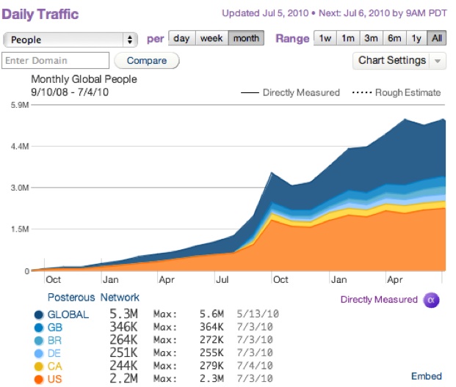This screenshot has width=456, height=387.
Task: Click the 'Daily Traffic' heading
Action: coord(41,14)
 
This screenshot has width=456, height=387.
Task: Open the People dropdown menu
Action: coord(70,39)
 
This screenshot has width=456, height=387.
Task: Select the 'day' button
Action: coord(181,38)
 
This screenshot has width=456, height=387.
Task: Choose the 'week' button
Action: coord(211,38)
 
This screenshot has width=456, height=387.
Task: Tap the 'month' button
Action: coord(246,38)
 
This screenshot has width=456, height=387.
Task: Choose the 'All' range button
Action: coord(437,38)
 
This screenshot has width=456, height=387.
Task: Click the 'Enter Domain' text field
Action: coord(56,61)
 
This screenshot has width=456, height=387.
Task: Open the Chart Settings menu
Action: coord(399,61)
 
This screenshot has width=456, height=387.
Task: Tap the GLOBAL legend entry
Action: coord(68,315)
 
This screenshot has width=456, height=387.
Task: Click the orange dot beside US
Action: coord(38,378)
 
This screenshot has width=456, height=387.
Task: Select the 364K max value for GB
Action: coord(215,328)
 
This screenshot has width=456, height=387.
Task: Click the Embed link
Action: coord(426,376)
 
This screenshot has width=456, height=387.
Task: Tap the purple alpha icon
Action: coord(432,299)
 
